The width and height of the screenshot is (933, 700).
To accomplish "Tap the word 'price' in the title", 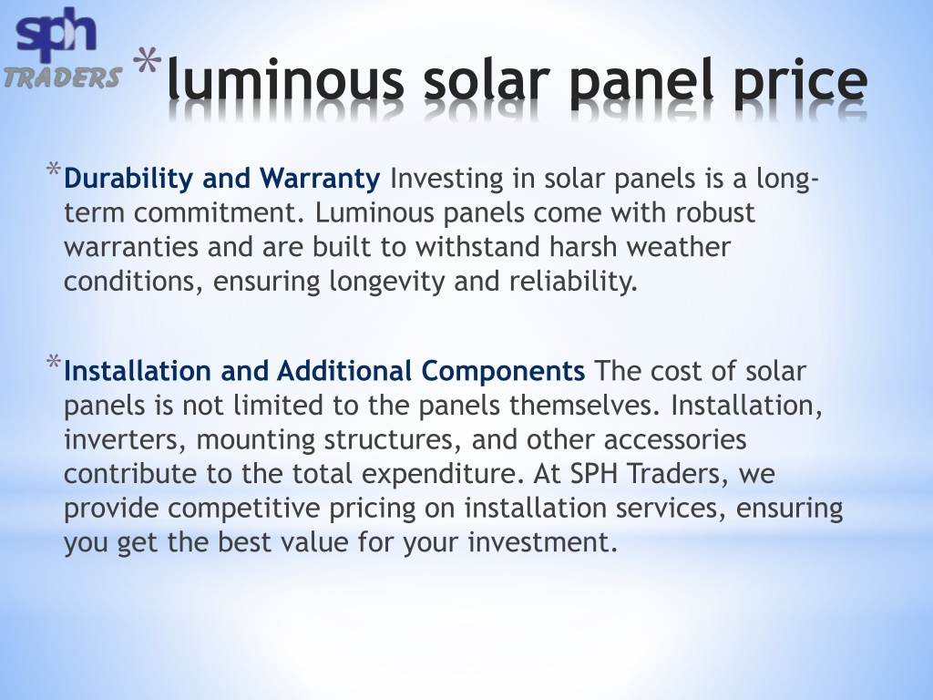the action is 799,82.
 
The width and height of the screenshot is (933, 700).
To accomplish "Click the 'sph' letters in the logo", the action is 56,33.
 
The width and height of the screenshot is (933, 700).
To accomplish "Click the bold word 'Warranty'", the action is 320,178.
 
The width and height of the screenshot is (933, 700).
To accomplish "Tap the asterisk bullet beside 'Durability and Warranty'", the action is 54,169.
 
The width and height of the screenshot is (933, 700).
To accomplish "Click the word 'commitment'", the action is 219,212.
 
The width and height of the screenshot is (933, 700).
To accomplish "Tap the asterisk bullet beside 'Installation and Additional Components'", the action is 54,362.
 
